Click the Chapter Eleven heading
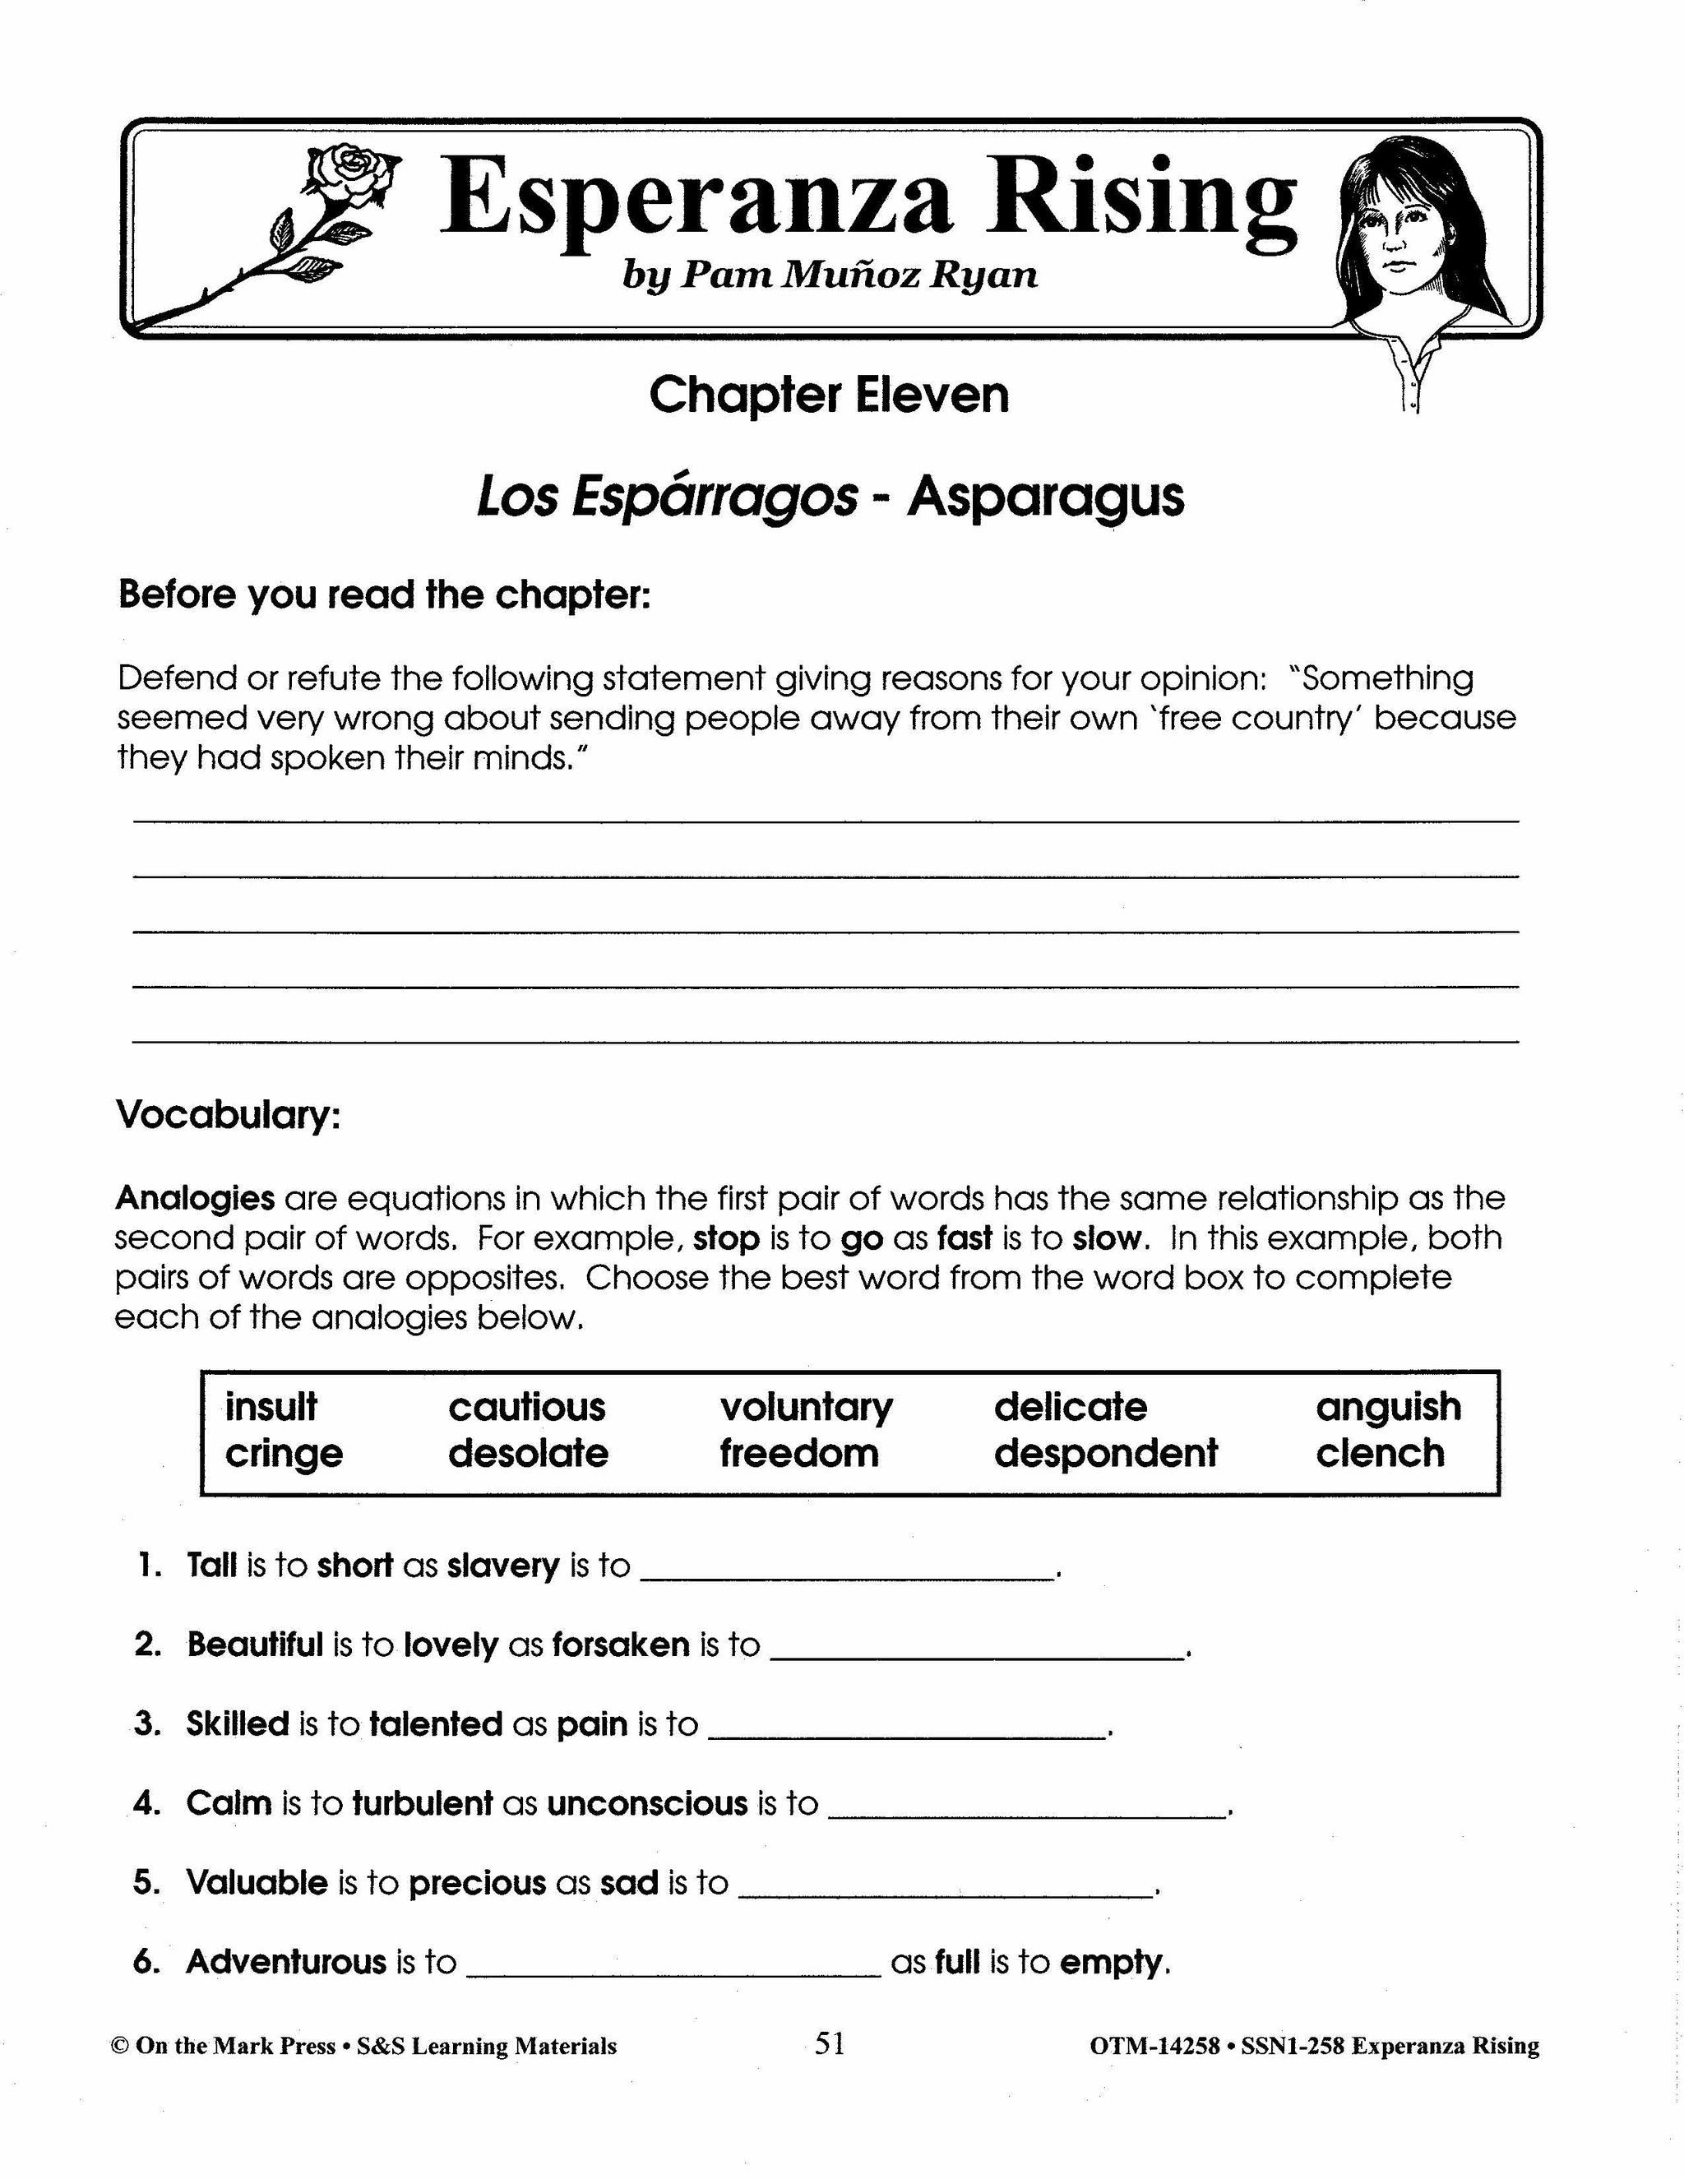[829, 395]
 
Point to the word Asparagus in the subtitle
[1046, 497]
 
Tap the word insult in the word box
[271, 1407]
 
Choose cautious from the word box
[527, 1407]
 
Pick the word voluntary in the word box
[806, 1407]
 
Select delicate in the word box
[1071, 1407]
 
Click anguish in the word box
[1388, 1407]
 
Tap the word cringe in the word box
[284, 1454]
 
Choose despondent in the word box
[1105, 1454]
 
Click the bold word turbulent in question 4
[422, 1804]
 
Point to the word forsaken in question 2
[621, 1645]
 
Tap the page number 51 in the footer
[829, 2044]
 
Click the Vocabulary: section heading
[229, 1114]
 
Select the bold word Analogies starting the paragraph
[195, 1197]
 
